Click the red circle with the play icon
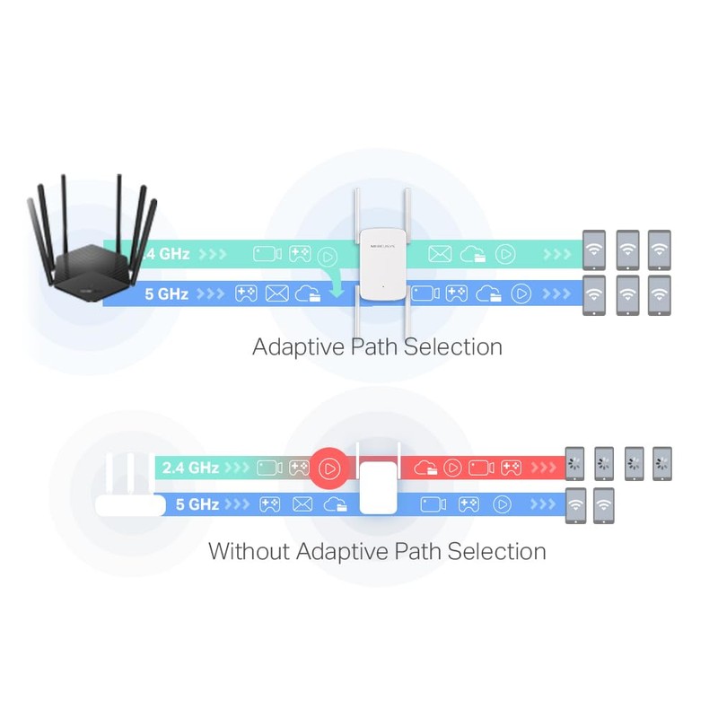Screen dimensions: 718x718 point(329,468)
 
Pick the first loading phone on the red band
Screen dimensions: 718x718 point(574,464)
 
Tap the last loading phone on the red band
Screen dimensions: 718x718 point(662,464)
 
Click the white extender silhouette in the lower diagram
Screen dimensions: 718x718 point(379,485)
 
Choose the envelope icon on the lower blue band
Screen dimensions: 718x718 point(302,504)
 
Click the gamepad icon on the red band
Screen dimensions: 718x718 point(512,468)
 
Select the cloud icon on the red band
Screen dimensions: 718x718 point(426,468)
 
